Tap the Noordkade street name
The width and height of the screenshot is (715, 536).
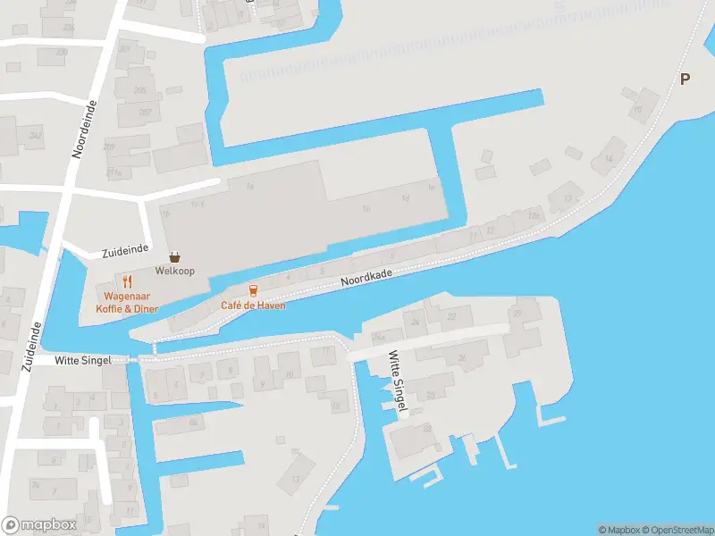366,274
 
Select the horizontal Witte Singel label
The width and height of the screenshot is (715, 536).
82,359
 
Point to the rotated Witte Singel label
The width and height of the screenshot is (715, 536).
399,381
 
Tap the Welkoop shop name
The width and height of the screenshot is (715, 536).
174,270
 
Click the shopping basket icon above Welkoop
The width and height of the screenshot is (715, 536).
175,256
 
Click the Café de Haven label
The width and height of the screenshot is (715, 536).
254,305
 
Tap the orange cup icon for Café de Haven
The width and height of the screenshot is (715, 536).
254,290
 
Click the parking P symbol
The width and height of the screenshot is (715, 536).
685,79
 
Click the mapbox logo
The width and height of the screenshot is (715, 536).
39,524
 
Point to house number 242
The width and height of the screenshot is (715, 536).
35,136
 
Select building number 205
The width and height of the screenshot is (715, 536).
140,90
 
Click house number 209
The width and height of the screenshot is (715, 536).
109,147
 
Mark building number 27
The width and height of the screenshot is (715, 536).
517,313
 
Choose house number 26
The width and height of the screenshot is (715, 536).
461,358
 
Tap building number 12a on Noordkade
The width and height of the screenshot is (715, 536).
534,215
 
